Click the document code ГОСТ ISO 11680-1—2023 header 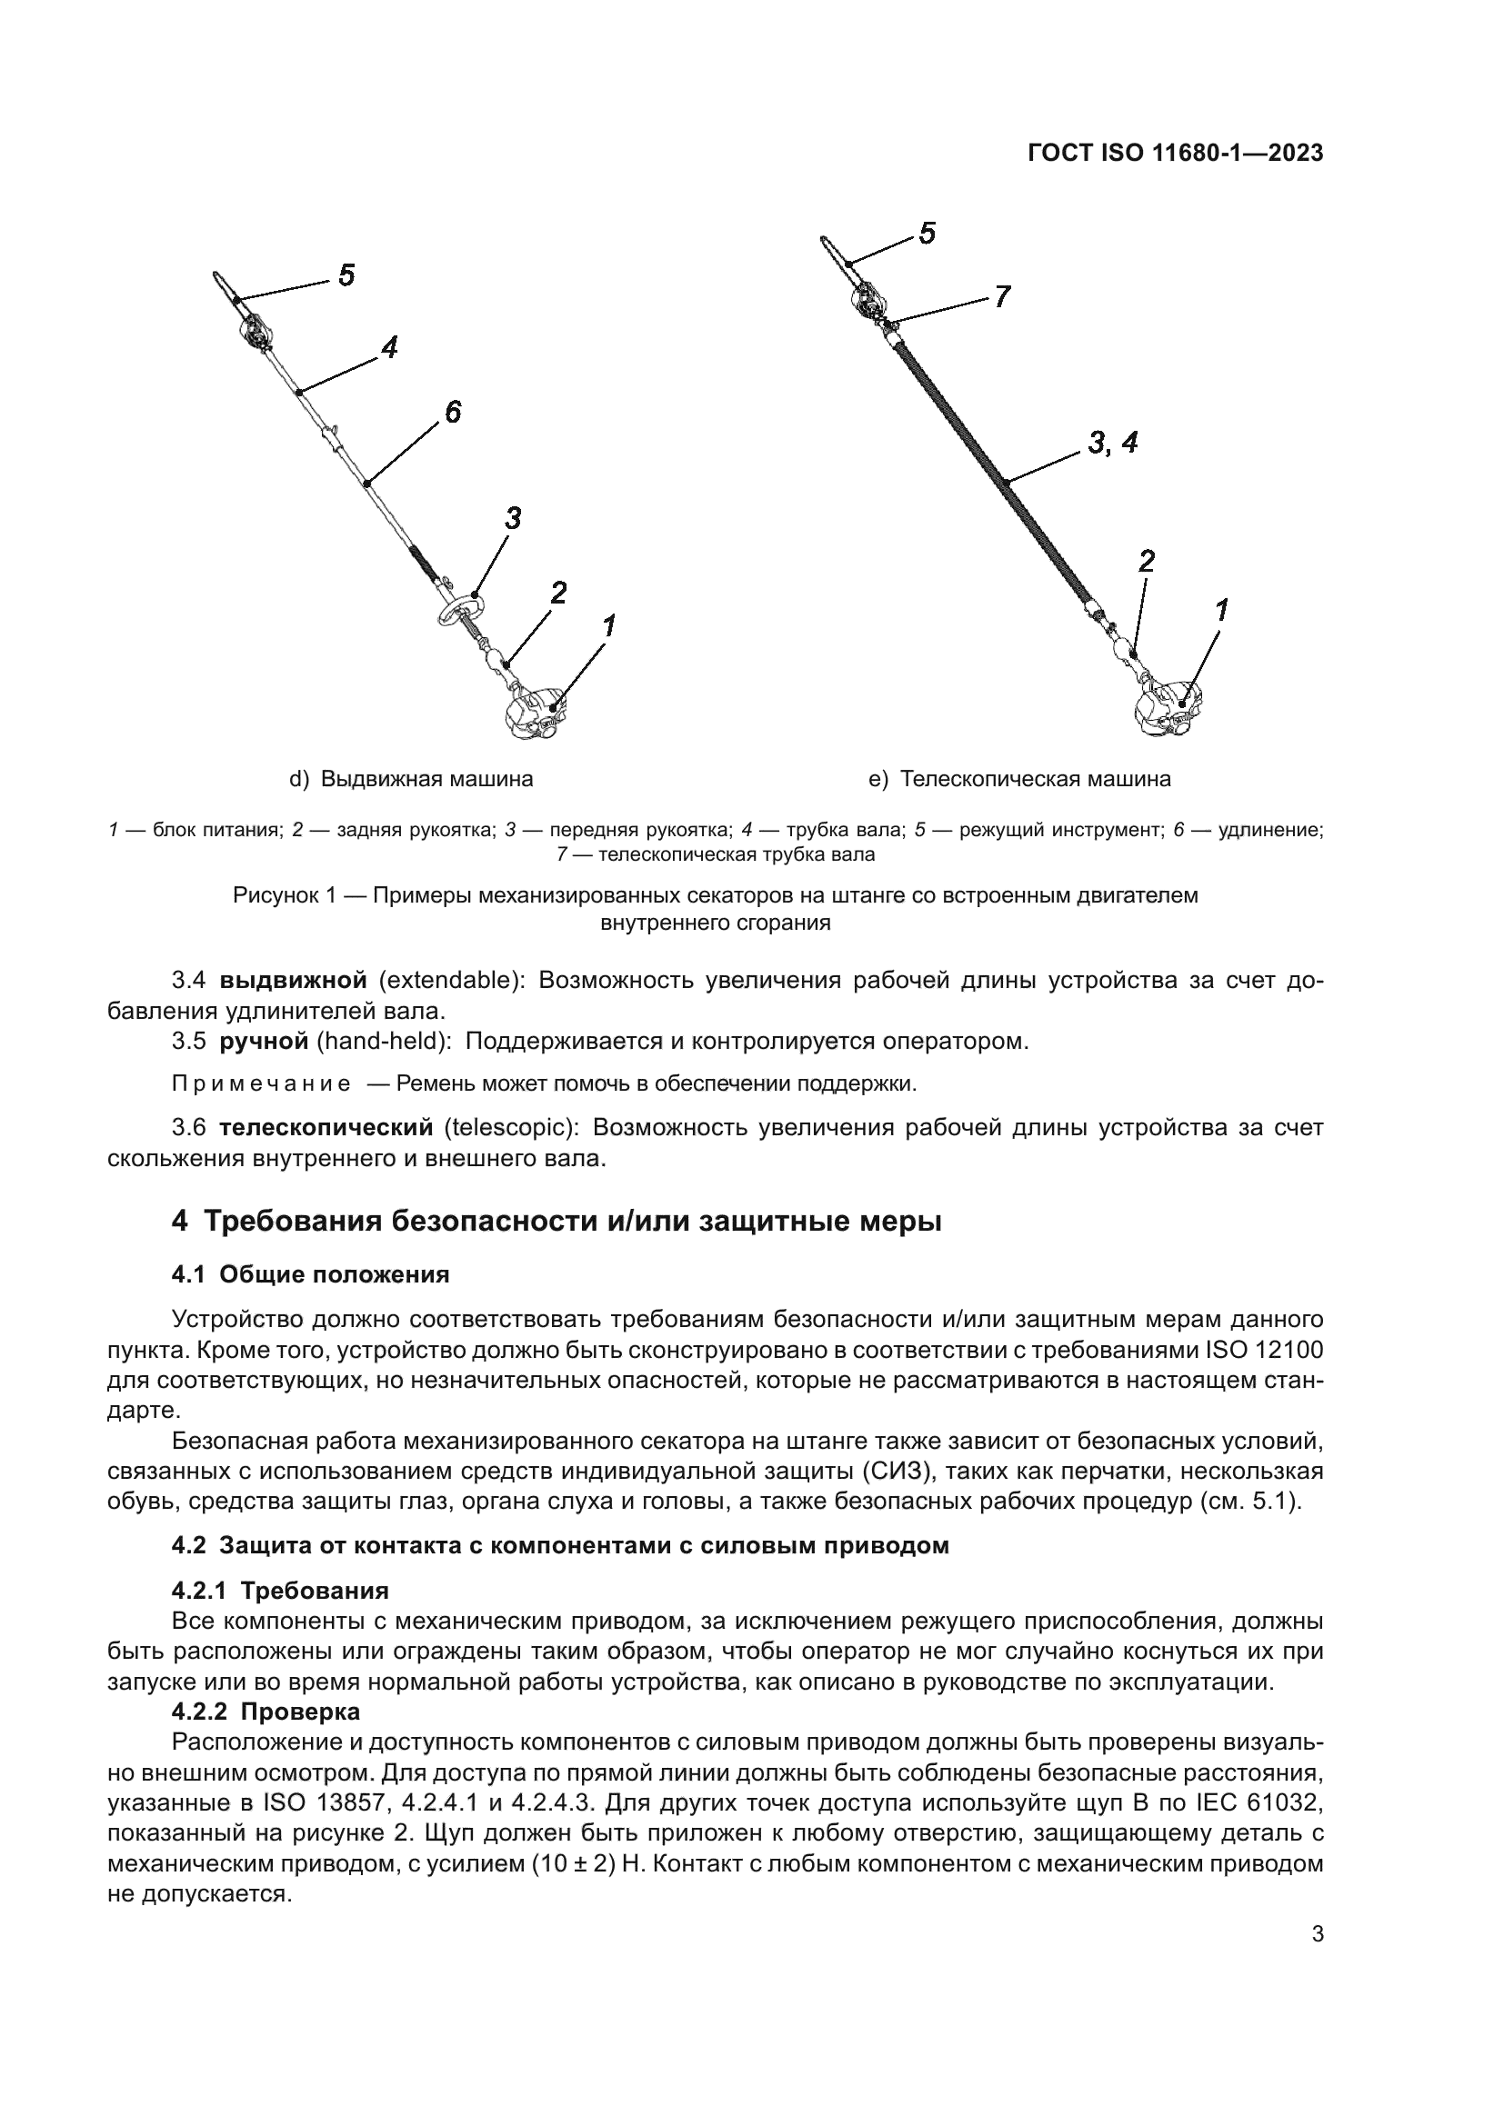tap(1174, 154)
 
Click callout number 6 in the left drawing tap(452, 412)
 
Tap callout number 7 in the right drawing tap(1002, 296)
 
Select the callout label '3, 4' tap(1112, 444)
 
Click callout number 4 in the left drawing tap(389, 347)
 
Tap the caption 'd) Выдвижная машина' tap(411, 779)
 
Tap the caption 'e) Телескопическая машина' tap(1019, 779)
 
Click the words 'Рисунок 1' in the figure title tap(283, 895)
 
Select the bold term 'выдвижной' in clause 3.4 tap(294, 980)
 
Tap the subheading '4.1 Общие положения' tap(310, 1274)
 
